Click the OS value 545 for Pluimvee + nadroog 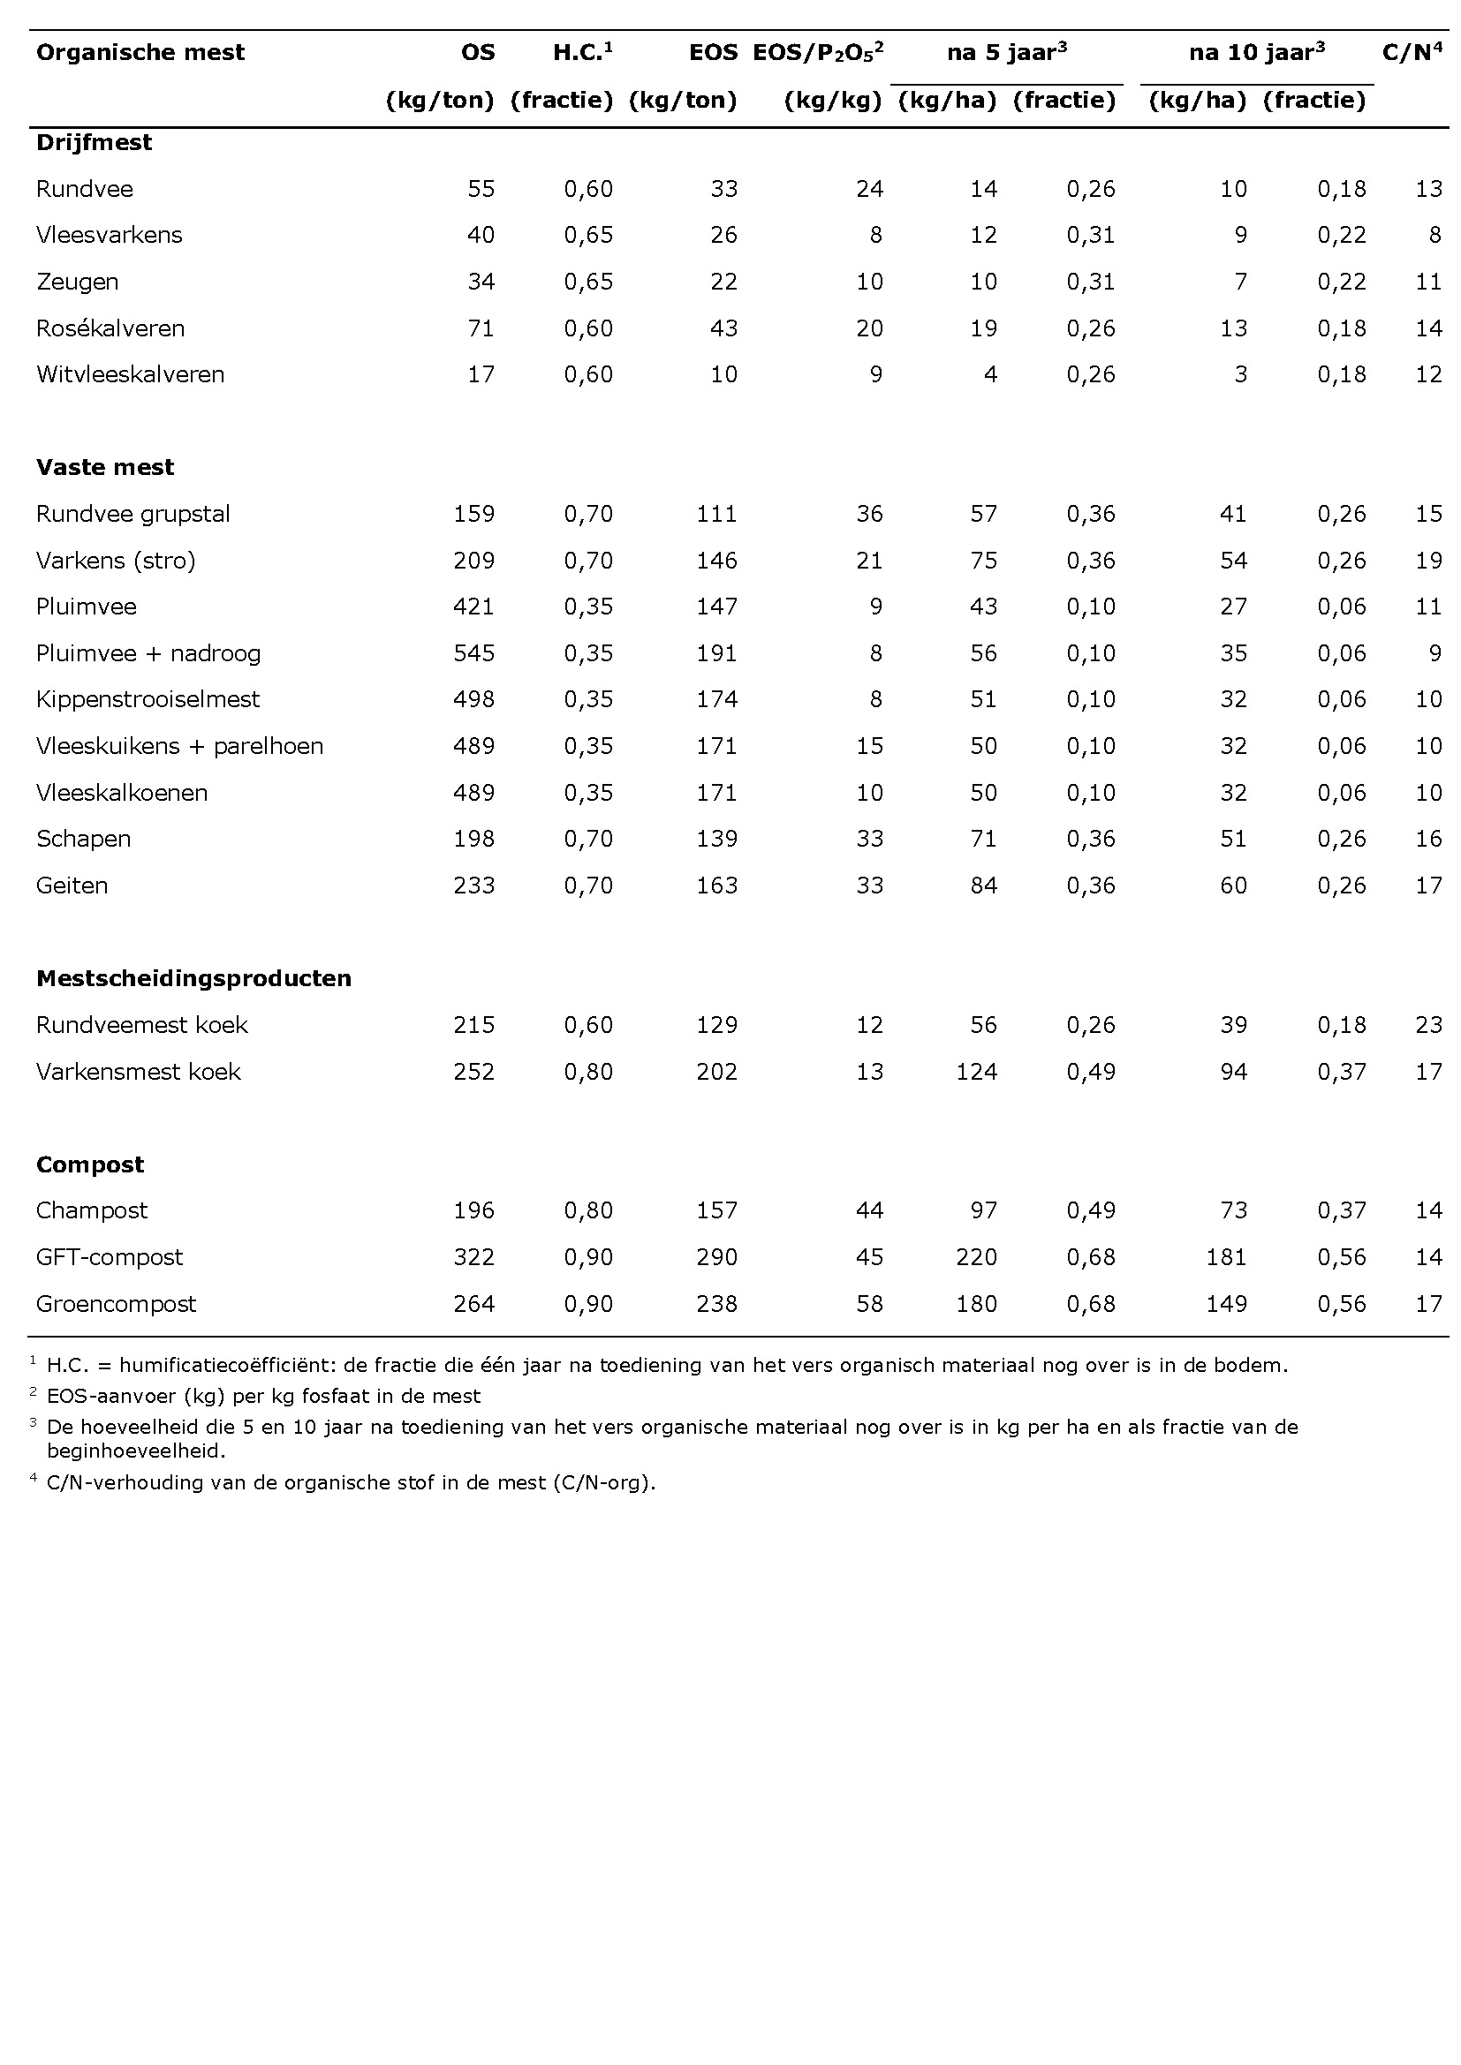pos(473,653)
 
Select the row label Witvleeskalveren pos(131,374)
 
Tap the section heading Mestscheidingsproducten pos(193,978)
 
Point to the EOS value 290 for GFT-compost pos(716,1257)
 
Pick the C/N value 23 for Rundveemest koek pos(1427,1025)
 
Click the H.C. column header pos(581,52)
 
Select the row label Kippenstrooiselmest pos(148,700)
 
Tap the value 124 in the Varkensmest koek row pos(976,1072)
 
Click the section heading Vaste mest pos(105,468)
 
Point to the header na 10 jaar pos(1256,52)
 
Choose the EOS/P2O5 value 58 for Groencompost pos(869,1304)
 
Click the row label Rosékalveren pos(110,328)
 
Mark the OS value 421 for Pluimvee pos(473,607)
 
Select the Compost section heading pos(90,1164)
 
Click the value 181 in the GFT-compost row pos(1226,1257)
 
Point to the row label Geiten pos(72,886)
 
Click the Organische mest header pos(140,52)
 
